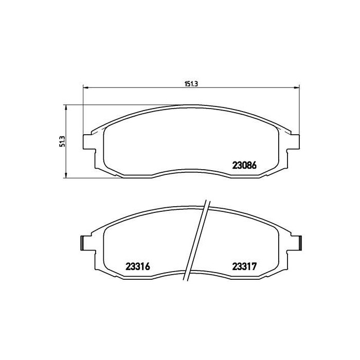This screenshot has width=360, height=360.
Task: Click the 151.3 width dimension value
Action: (x=191, y=84)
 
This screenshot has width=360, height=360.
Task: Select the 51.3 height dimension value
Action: (x=63, y=141)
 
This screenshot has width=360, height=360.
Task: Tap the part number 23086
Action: (x=244, y=165)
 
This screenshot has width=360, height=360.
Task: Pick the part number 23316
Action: (x=138, y=266)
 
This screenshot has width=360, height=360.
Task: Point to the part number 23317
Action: (x=244, y=266)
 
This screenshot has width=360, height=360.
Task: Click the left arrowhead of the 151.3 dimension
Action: (x=85, y=87)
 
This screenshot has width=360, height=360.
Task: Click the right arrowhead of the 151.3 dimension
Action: (x=297, y=87)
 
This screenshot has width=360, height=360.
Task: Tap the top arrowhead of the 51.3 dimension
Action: (x=66, y=108)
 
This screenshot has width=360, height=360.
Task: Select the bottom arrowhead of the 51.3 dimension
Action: (x=66, y=175)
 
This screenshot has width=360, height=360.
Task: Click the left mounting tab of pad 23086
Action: (x=89, y=142)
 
